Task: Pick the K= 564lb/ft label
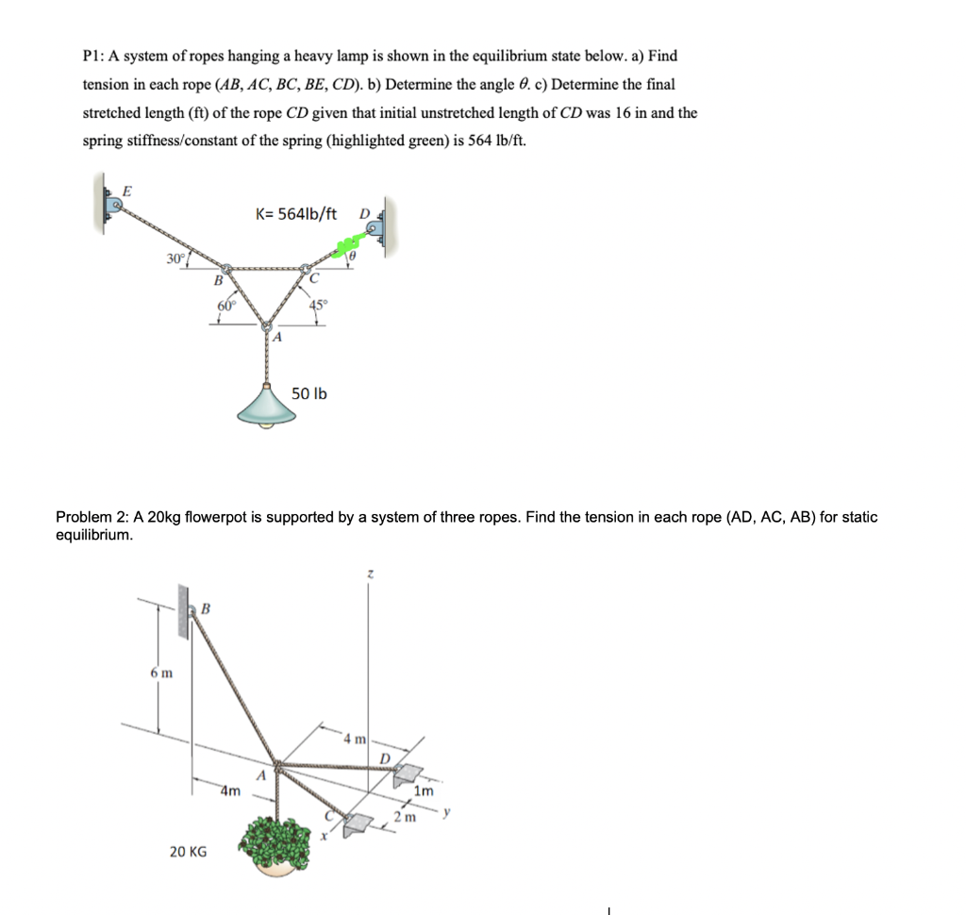pos(296,214)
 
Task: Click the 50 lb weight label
pos(309,393)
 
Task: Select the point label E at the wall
pos(130,191)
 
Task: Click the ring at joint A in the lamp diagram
pos(265,327)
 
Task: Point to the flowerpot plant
pos(281,840)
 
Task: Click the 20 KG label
pos(188,852)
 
